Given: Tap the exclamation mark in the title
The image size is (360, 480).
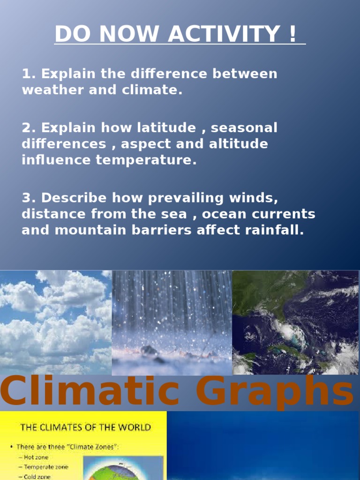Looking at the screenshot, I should [x=293, y=34].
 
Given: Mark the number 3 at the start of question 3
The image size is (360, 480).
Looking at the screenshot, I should [x=26, y=198].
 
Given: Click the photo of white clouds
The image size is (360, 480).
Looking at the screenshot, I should [x=56, y=322].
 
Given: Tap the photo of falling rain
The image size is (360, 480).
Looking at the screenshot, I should [x=172, y=322].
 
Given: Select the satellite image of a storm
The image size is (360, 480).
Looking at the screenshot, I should [x=295, y=322].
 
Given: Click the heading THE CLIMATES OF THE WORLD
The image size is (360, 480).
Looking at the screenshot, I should [x=85, y=427].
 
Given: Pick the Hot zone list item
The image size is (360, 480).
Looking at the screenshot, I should [x=36, y=457].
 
